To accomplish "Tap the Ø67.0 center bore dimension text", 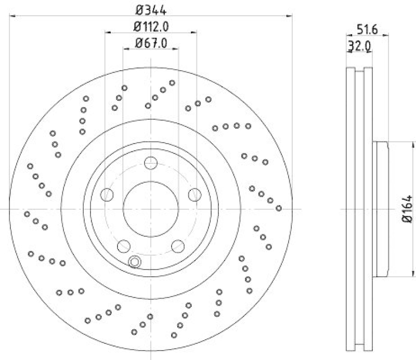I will [151, 44].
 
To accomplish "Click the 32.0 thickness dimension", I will [358, 46].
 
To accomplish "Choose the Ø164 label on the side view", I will [407, 209].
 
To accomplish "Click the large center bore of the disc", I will [151, 209].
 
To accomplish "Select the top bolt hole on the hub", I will [151, 162].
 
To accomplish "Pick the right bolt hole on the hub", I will [195, 195].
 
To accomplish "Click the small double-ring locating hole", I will [135, 262].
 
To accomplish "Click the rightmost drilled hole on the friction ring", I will [279, 208].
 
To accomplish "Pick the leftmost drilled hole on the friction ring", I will [27, 214].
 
